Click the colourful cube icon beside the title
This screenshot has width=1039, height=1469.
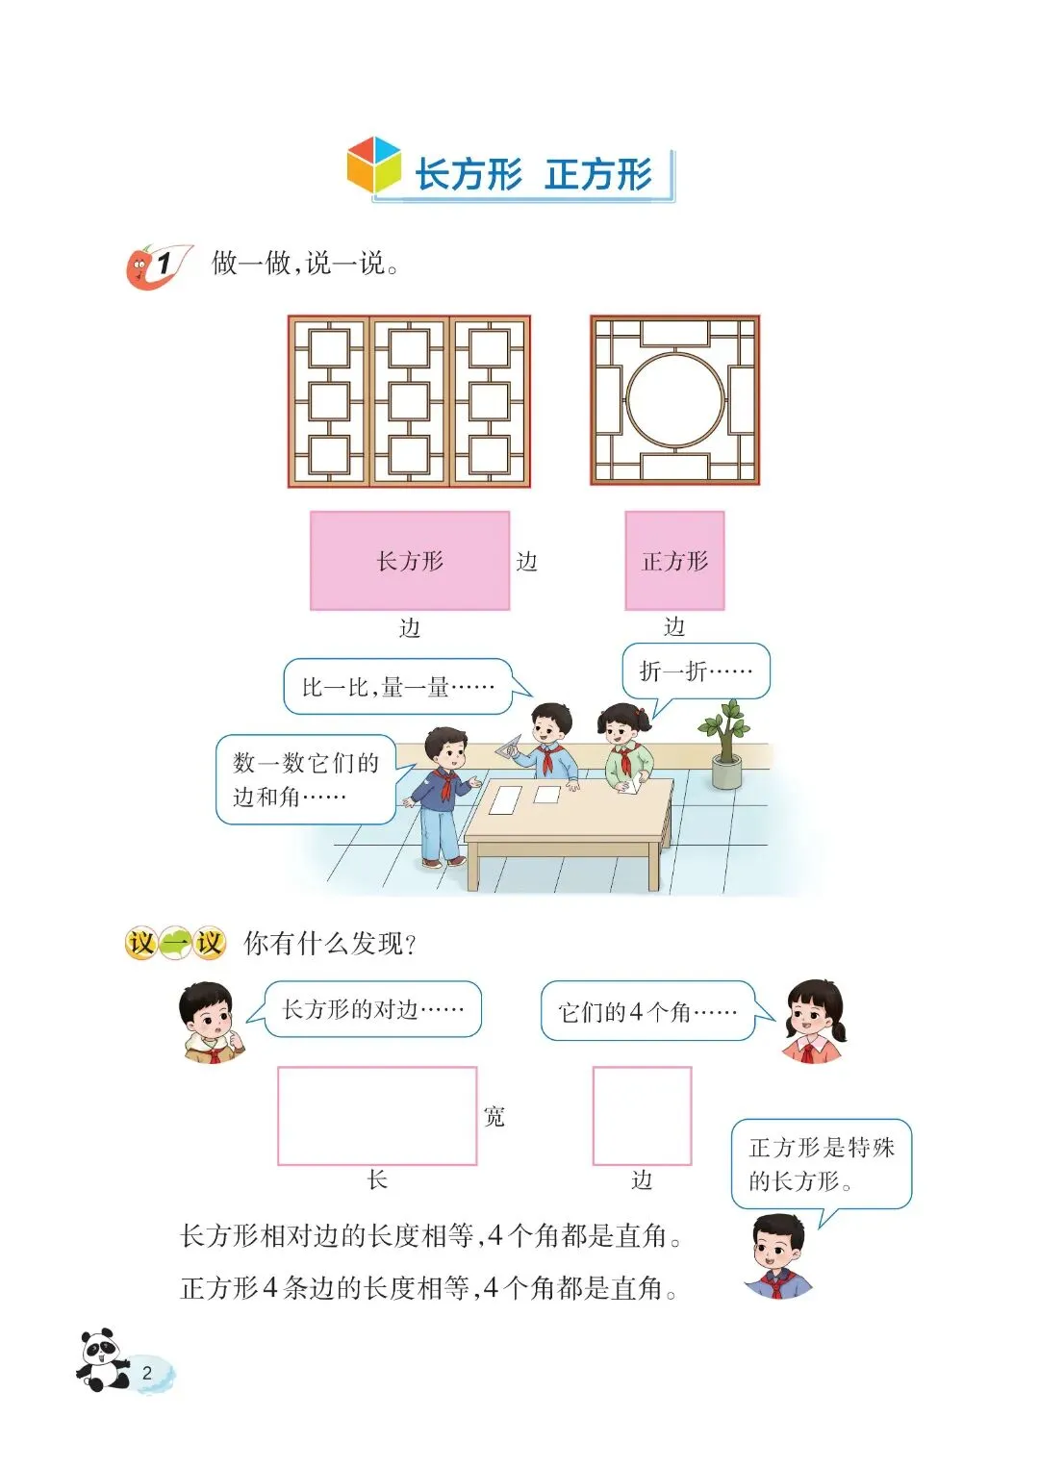pos(373,165)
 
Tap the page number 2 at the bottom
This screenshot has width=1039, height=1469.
pos(147,1373)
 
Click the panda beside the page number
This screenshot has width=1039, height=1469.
pos(102,1360)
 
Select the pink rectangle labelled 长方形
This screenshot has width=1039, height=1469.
pos(410,561)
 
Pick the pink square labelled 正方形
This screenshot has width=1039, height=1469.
pos(674,561)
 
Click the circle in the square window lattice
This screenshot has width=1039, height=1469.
pos(675,400)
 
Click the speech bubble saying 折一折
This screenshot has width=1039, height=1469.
pos(696,671)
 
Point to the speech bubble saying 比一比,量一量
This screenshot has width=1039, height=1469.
pos(397,686)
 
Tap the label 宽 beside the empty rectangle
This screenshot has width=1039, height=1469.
pos(494,1116)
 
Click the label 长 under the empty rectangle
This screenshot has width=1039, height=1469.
pos(377,1179)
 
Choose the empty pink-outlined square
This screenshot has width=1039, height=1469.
pos(642,1116)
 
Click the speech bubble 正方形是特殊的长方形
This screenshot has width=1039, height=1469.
pos(821,1163)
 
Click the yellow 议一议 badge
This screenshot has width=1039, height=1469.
pos(175,943)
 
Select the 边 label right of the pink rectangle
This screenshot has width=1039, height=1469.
pos(526,562)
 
